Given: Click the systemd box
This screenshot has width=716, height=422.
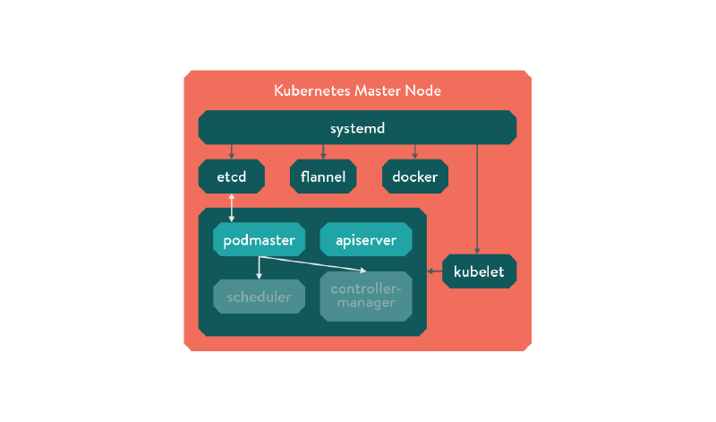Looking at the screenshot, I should (x=357, y=127).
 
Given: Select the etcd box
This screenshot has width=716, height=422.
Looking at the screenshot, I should (x=232, y=177).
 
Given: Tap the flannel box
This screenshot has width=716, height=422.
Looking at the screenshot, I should (x=323, y=177).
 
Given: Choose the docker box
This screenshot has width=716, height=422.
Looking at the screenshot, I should (x=414, y=177).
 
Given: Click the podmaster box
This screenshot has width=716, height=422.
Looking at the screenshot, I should (x=260, y=240).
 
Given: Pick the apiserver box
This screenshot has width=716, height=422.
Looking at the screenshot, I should (x=365, y=240).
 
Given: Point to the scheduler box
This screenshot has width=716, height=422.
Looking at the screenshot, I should (x=259, y=297).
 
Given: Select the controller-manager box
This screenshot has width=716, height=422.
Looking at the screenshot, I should (x=365, y=297).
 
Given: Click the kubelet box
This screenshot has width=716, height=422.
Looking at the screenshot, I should (x=479, y=271).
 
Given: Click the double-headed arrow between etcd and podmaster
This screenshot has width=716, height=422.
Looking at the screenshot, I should (x=232, y=207).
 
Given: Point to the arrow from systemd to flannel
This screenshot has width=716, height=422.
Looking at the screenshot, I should (x=323, y=151).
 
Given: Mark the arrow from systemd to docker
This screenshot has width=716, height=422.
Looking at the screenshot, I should (x=414, y=151).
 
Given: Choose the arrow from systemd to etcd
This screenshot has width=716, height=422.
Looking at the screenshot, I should (x=232, y=151).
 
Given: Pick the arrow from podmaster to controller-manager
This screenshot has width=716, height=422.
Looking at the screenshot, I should (x=313, y=263).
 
